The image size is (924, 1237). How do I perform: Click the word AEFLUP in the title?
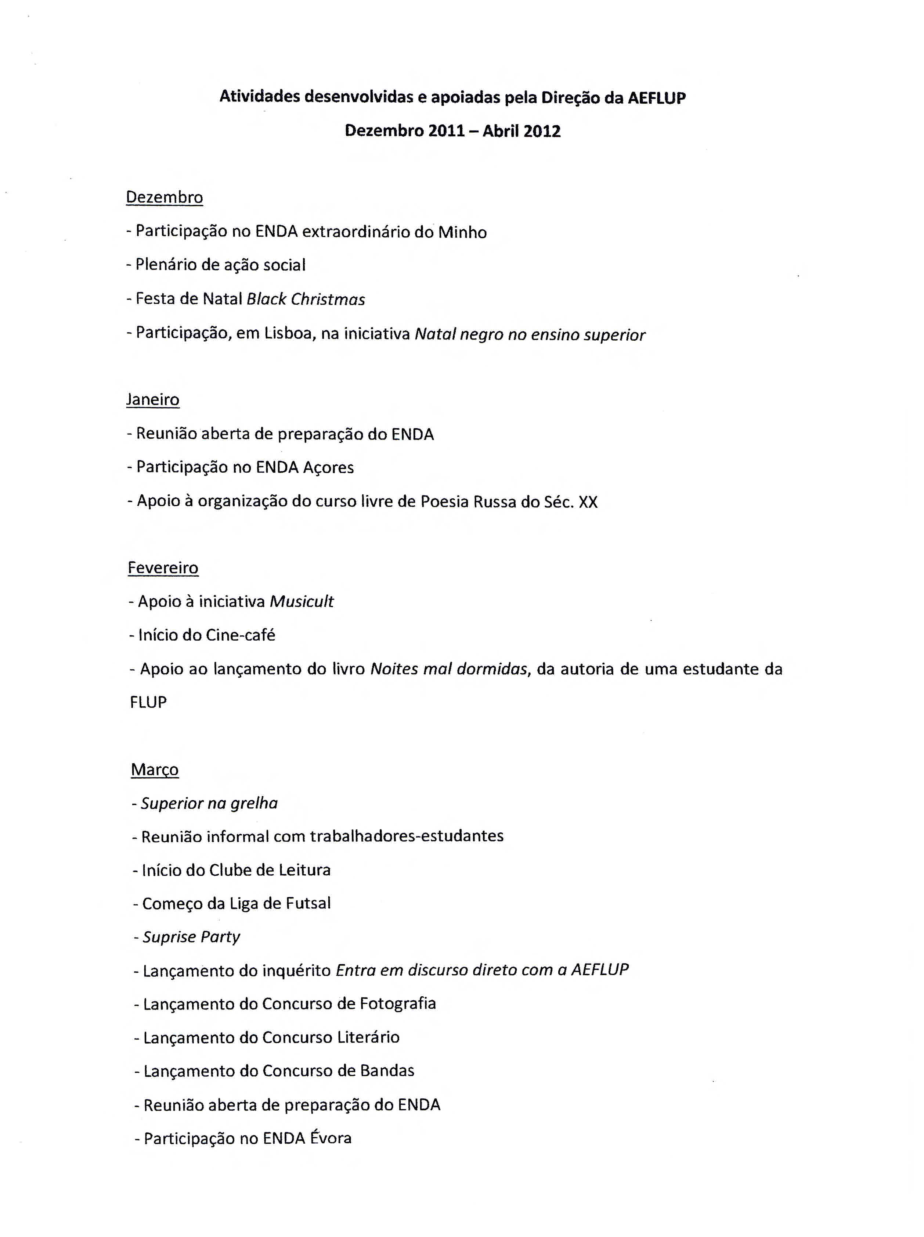tap(656, 98)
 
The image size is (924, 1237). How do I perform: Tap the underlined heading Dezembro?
tap(164, 197)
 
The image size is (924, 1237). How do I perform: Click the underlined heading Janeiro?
tap(153, 399)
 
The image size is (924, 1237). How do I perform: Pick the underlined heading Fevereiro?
tap(163, 568)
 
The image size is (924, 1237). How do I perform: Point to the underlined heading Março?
tap(155, 770)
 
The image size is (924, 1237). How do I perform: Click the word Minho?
tap(462, 232)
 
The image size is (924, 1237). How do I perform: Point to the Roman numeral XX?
tap(588, 502)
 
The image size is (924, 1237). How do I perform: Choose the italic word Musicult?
tap(302, 602)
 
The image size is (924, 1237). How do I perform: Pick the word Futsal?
tap(308, 904)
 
